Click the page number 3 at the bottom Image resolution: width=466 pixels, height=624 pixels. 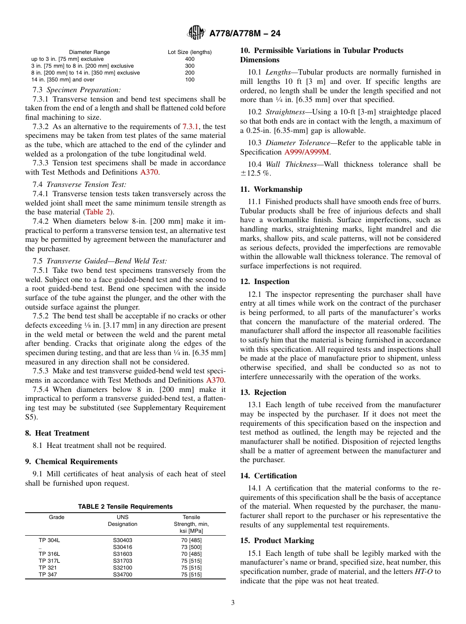pos(233,602)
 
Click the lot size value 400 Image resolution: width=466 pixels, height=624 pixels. pos(189,59)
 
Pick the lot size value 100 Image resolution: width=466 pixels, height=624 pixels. pos(189,79)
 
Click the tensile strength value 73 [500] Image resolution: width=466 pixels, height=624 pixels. pos(191,547)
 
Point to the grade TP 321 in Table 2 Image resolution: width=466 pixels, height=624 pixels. pos(49,568)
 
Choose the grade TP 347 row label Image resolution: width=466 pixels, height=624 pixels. pos(49,574)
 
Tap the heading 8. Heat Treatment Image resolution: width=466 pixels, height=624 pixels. pos(57,433)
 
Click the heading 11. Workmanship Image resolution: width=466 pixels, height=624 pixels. pos(271,189)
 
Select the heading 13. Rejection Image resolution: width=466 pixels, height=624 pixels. pos(263,392)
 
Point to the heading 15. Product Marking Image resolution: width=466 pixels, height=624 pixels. pos(277,541)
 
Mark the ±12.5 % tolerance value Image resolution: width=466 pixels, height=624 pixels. pos(256,173)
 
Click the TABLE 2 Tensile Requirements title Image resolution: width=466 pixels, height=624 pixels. pos(125,507)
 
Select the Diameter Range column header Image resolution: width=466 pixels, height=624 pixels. pos(89,52)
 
